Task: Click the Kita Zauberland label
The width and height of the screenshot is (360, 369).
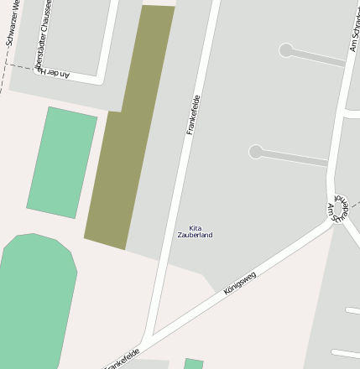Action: [x=195, y=231]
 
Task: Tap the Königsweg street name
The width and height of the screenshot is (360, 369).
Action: [x=240, y=282]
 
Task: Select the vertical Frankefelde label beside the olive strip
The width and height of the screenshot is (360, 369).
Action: [x=194, y=115]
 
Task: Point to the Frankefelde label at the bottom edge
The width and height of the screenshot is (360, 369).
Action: [x=122, y=359]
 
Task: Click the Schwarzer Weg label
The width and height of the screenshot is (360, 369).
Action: [x=13, y=23]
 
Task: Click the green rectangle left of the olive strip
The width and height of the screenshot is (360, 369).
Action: [x=62, y=162]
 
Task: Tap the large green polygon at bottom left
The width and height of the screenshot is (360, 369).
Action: [x=34, y=302]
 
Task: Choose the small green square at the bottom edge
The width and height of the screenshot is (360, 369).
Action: [x=194, y=364]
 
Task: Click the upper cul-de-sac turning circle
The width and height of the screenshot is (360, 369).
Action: [x=286, y=50]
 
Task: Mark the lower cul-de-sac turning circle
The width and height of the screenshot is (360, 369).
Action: [x=256, y=152]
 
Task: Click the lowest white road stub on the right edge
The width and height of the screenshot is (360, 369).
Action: [x=346, y=354]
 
